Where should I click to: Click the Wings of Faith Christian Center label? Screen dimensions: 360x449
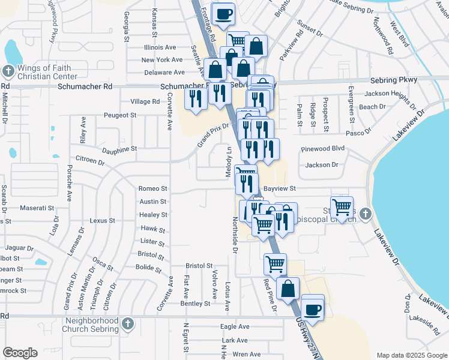click(x=47, y=71)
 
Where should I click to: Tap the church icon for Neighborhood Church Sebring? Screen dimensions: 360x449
click(x=127, y=325)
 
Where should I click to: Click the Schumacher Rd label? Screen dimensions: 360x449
click(x=85, y=86)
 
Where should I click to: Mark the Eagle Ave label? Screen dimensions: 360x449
click(x=235, y=326)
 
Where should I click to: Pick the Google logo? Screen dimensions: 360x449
click(x=20, y=353)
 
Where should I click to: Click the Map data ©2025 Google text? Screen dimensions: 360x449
click(x=411, y=355)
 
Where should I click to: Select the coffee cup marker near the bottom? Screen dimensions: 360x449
click(x=312, y=310)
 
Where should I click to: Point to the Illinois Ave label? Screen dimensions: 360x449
click(x=160, y=47)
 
